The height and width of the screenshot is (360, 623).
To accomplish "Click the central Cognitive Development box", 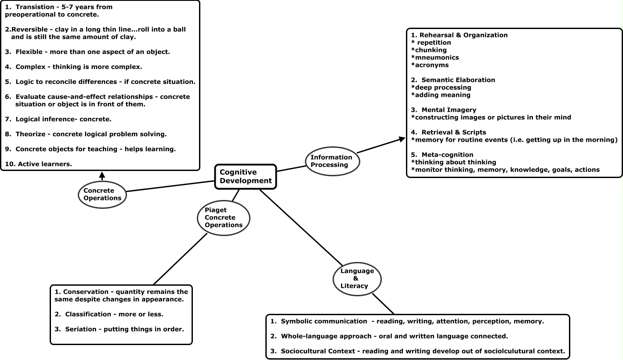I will pos(246,177).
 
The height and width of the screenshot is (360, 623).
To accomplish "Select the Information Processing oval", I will pos(331,161).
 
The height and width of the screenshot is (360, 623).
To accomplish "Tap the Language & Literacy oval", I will pos(357,279).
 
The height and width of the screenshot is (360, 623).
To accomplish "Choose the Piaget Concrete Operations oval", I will pos(223,218).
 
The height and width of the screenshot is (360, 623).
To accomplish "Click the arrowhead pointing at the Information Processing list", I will pos(401,139).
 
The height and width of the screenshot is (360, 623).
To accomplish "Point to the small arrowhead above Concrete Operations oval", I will pos(102,175).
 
